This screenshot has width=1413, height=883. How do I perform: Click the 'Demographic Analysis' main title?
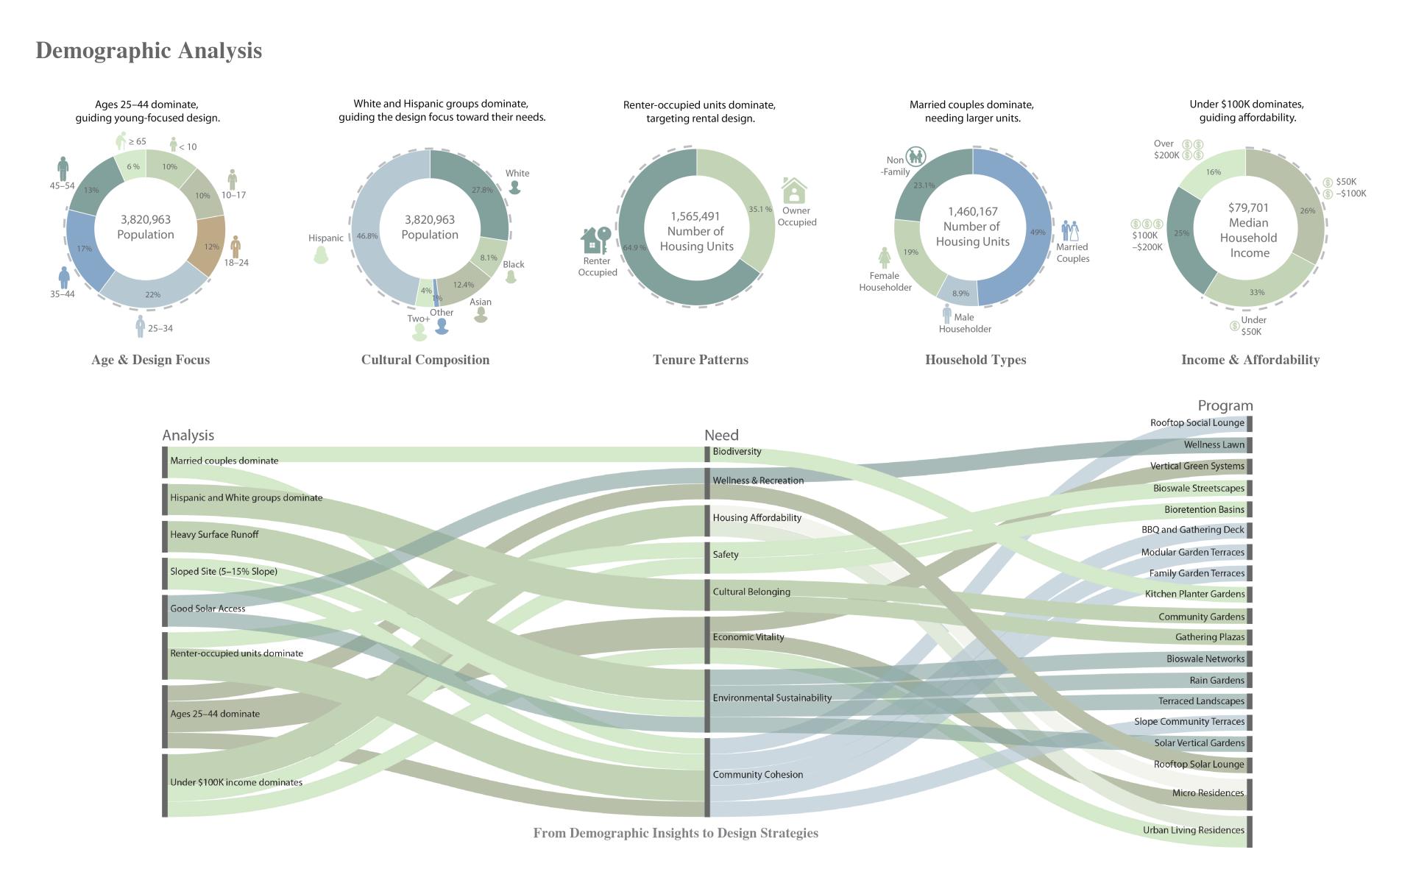149,51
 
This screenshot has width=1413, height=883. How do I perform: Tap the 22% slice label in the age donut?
152,294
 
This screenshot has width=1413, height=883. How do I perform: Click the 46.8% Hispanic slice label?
366,236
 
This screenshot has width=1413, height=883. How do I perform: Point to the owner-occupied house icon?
794,191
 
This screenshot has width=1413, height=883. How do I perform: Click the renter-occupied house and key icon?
595,241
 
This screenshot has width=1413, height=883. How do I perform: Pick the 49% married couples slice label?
1038,232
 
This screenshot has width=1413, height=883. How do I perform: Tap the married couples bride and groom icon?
1069,230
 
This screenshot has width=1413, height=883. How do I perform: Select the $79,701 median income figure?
1248,208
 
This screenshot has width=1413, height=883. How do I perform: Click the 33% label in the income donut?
1256,292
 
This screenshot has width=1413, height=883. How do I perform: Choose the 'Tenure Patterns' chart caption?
700,360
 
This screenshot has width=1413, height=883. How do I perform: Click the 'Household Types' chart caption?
975,360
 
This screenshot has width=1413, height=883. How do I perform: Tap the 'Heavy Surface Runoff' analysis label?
214,535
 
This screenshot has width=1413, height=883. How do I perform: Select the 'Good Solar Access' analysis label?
208,609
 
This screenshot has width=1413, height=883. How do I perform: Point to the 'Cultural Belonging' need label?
751,592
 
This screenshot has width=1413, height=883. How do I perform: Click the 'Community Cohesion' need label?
757,775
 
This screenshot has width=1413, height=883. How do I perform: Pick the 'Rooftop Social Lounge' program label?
1197,423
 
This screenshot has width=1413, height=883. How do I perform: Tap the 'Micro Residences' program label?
1208,793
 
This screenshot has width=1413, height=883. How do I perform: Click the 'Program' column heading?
1225,405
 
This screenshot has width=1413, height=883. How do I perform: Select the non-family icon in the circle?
916,156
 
